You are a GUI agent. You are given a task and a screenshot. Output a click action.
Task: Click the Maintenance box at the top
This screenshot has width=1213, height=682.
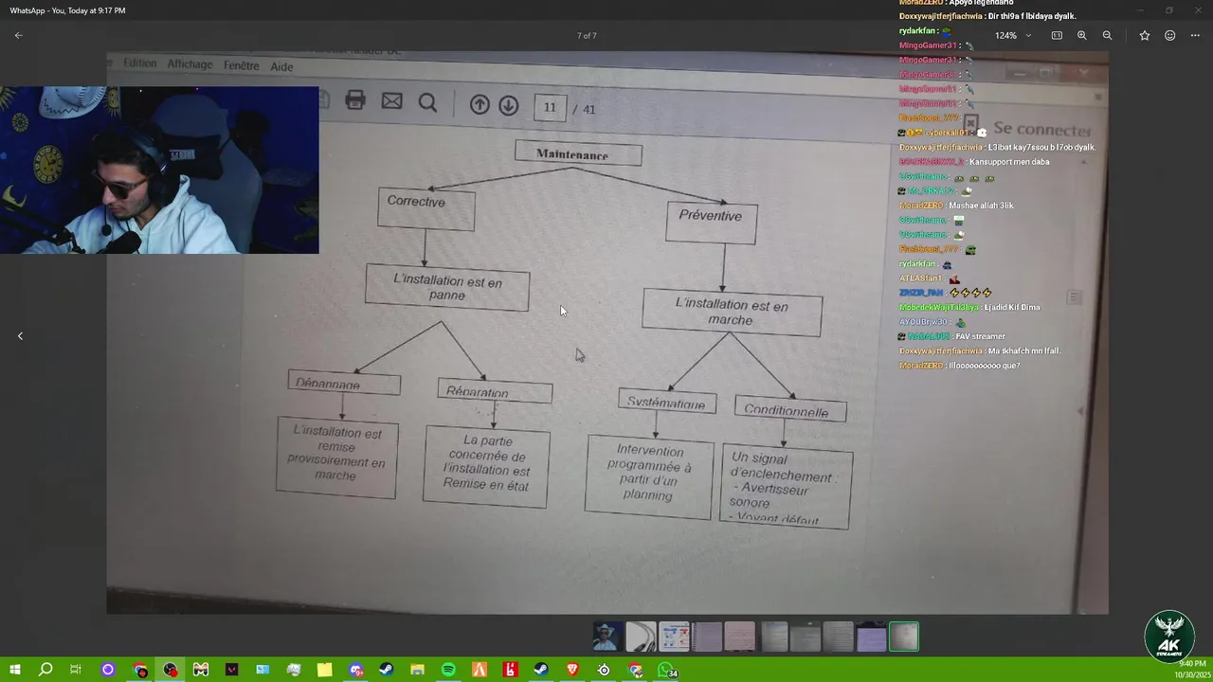pos(578,153)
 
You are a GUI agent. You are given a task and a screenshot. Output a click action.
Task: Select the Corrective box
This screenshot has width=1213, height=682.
pos(425,208)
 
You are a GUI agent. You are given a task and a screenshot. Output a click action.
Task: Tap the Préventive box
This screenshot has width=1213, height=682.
pos(711,222)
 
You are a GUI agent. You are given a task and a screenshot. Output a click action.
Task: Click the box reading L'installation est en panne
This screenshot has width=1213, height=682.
pos(447,288)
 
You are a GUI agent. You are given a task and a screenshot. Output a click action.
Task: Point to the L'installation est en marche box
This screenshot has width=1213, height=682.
pos(732,313)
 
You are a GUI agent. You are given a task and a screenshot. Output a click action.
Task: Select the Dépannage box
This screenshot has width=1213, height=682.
pos(344,384)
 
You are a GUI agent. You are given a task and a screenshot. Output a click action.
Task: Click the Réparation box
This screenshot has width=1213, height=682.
pos(495,391)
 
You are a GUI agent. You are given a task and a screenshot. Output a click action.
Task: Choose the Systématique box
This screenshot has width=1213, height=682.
pos(667,402)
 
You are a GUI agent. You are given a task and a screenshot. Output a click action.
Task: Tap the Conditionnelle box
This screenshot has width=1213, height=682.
pos(789,410)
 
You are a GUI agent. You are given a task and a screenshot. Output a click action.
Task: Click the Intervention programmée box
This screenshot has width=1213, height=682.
pos(649,477)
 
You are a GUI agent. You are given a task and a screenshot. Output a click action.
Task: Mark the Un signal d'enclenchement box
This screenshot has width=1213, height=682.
pos(786,487)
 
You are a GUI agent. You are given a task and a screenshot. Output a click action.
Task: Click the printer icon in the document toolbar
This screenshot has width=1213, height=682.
pos(355,100)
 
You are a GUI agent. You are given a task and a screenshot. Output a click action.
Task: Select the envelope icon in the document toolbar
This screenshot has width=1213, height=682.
pos(391,101)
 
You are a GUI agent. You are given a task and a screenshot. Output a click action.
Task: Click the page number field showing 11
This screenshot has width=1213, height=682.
pos(550,108)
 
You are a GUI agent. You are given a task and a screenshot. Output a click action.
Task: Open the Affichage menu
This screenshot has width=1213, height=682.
pos(190,64)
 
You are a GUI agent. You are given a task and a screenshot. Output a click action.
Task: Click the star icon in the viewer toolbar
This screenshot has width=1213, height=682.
pos(1145,35)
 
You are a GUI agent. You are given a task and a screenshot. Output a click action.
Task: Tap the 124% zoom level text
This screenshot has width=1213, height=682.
pos(1005,35)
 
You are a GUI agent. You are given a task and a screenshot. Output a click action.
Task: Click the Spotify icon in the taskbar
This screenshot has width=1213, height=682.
pos(448,670)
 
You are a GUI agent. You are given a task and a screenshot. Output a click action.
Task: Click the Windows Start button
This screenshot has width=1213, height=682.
pos(15,670)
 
